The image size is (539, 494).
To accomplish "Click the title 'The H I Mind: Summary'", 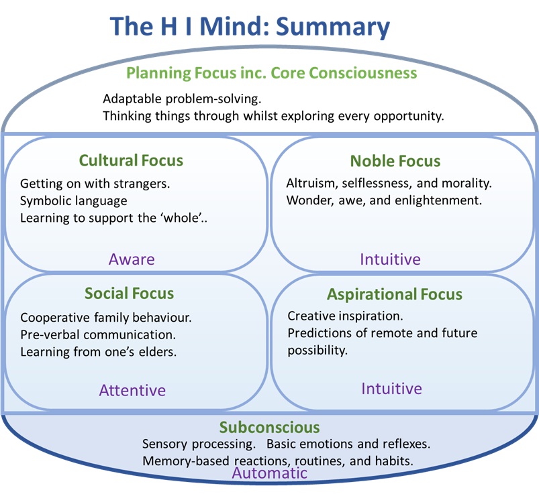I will coord(250,26).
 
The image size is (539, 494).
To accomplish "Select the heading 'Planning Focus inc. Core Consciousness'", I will coord(272,72).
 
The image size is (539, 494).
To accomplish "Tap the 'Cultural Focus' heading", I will coord(131,160).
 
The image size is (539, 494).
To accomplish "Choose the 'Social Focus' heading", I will coord(129,293).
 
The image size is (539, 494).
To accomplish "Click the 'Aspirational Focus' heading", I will coord(395,294).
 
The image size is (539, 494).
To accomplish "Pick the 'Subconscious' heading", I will coord(269,427).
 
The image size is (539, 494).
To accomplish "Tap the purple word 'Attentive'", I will coord(132,390).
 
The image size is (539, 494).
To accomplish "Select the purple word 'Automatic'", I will coord(269,473).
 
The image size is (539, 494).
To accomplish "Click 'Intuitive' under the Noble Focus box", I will coord(390,259).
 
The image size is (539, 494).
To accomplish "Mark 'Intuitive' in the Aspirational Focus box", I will coord(391,389).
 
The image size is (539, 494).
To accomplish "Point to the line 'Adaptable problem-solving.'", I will coord(181,99).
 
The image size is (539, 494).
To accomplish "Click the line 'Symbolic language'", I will coord(74,200).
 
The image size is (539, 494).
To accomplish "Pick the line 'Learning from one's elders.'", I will coord(99,351).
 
